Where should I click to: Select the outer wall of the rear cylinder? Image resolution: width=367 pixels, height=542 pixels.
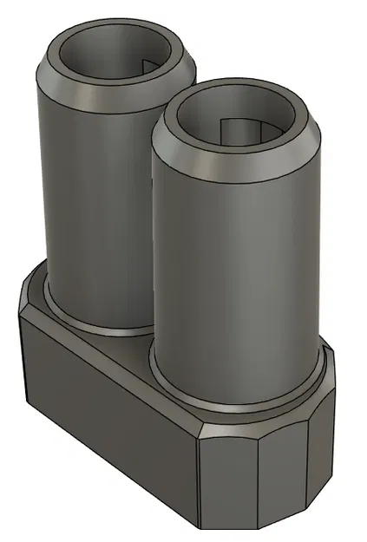(87, 199)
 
